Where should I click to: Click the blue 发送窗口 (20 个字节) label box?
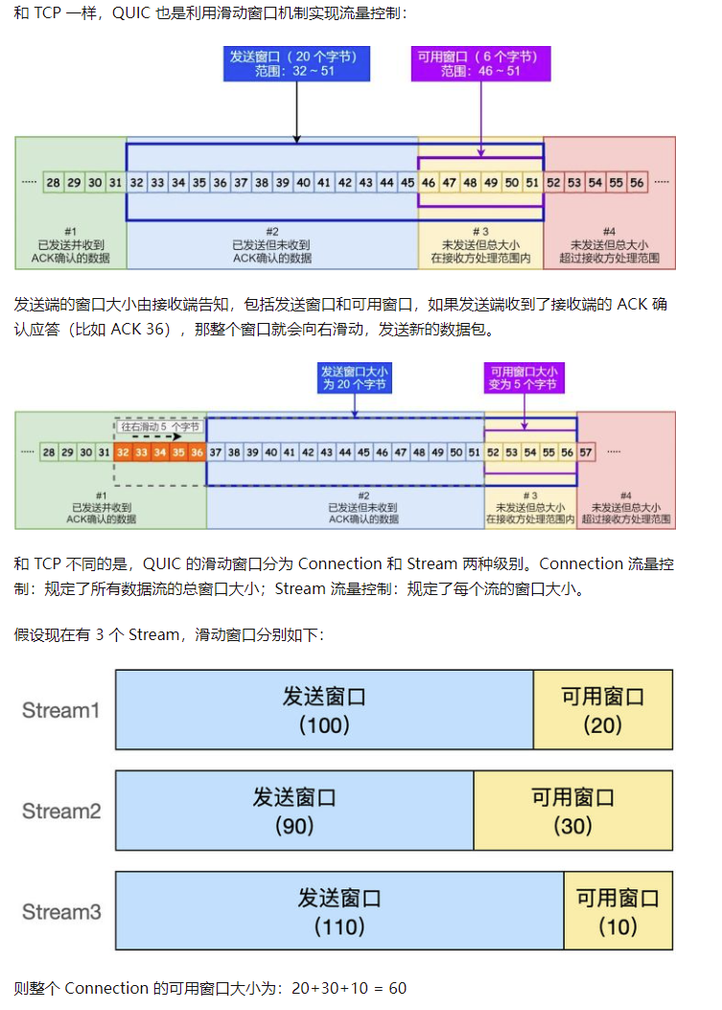point(295,64)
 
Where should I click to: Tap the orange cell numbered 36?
point(197,451)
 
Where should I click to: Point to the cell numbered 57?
point(586,451)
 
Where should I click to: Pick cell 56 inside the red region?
point(637,182)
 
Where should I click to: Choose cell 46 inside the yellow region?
point(429,182)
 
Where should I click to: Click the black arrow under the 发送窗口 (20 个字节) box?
point(296,115)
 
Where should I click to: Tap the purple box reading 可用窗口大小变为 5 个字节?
point(524,379)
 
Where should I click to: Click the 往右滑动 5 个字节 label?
point(161,425)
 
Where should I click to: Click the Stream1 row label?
point(61,710)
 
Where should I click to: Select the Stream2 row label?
point(61,811)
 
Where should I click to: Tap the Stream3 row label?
point(61,911)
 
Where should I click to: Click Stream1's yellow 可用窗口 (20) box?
point(602,710)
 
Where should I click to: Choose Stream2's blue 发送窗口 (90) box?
point(294,811)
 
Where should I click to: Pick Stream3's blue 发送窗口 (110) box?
point(339,911)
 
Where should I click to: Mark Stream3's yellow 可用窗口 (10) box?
point(617,911)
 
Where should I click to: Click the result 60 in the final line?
point(397,988)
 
